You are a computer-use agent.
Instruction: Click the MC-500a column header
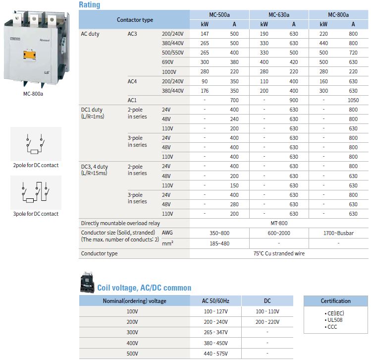pyautogui.click(x=219, y=15)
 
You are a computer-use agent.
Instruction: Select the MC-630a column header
pyautogui.click(x=279, y=15)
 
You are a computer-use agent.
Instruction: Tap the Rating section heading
pyautogui.click(x=90, y=5)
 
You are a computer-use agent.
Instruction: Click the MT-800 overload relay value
pyautogui.click(x=279, y=223)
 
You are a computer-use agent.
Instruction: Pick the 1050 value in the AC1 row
pyautogui.click(x=353, y=100)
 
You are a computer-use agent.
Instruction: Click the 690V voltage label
pyautogui.click(x=167, y=62)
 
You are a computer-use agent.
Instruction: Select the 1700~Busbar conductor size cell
pyautogui.click(x=338, y=233)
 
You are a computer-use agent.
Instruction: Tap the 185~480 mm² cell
pyautogui.click(x=219, y=243)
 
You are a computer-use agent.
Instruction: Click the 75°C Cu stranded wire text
pyautogui.click(x=279, y=253)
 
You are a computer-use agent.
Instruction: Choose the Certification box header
pyautogui.click(x=335, y=301)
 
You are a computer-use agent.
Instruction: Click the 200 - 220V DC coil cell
pyautogui.click(x=267, y=321)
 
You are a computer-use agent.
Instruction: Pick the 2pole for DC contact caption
pyautogui.click(x=36, y=165)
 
